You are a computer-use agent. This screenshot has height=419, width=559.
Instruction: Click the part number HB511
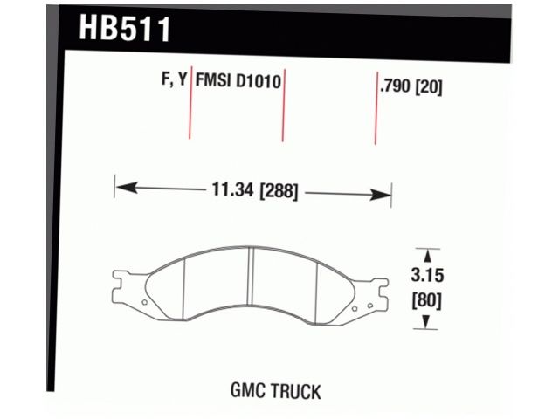tap(125, 28)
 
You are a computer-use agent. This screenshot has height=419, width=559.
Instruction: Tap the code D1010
tap(258, 80)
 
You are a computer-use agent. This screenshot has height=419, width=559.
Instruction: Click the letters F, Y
tap(173, 80)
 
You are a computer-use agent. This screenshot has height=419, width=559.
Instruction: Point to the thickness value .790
tap(397, 86)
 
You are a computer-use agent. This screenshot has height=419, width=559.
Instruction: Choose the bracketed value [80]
tap(427, 301)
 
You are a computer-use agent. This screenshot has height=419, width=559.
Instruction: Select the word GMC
tap(249, 390)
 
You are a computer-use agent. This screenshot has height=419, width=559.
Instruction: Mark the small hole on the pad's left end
tap(144, 302)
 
